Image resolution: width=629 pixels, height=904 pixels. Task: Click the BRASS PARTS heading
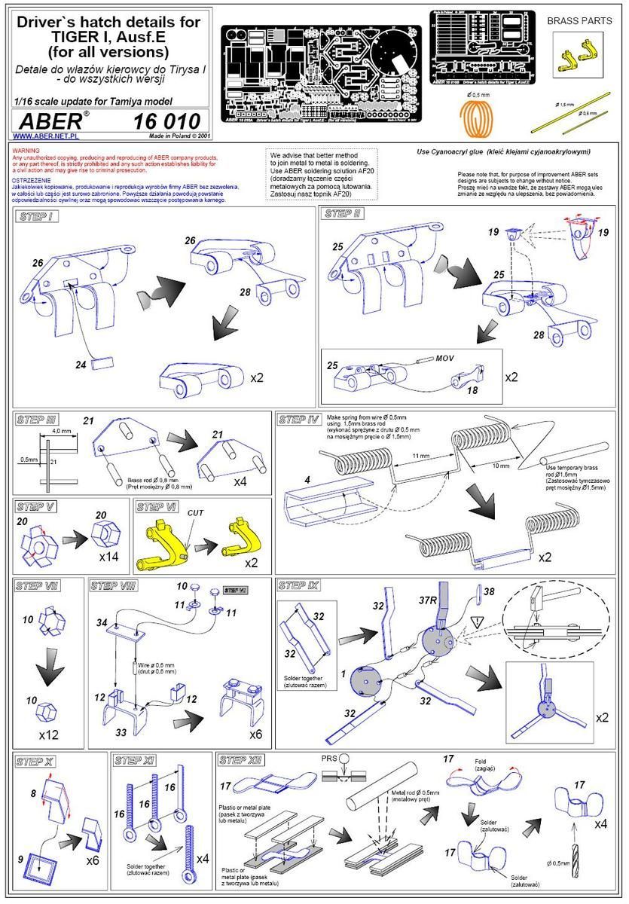[590, 21]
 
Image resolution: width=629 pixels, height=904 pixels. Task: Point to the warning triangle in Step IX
[477, 622]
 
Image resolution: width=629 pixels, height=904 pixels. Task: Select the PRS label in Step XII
[328, 759]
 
